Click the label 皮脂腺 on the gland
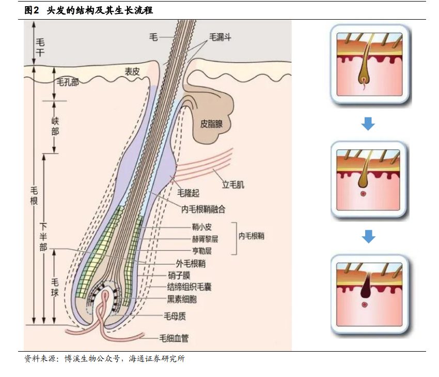pos(211,124)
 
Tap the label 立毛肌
pos(233,185)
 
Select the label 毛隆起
pos(188,193)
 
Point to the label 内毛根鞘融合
pos(203,209)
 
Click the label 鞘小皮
pos(201,227)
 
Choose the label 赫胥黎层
pos(205,239)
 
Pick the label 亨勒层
pos(201,251)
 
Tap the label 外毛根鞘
pos(191,264)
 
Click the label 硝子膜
pos(179,275)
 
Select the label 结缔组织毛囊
pos(189,287)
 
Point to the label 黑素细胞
pos(182,299)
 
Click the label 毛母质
pos(175,316)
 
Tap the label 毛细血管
pos(174,338)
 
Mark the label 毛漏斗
pos(221,37)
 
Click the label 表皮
pos(132,72)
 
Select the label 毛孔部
pos(68,82)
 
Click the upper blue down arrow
pos(368,124)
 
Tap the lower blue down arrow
pos(368,236)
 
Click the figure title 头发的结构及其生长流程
pos(100,10)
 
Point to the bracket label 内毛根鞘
pos(251,236)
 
